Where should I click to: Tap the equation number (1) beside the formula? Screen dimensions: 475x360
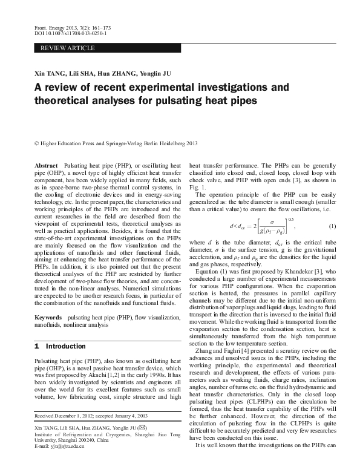click(332, 226)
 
